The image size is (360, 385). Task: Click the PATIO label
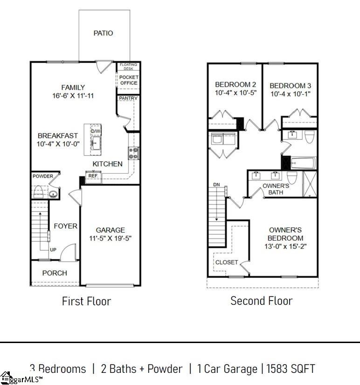pyautogui.click(x=103, y=33)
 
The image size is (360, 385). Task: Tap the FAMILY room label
pyautogui.click(x=73, y=87)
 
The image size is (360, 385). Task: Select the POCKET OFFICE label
pyautogui.click(x=129, y=80)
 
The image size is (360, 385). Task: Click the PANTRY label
pyautogui.click(x=128, y=98)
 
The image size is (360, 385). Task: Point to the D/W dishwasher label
pyautogui.click(x=96, y=131)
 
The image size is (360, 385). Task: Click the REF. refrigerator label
pyautogui.click(x=93, y=176)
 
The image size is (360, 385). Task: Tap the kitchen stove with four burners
pyautogui.click(x=133, y=153)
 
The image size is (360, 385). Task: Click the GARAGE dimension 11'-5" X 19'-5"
pyautogui.click(x=111, y=238)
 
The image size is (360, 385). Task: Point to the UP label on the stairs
pyautogui.click(x=53, y=250)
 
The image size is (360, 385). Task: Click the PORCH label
pyautogui.click(x=55, y=273)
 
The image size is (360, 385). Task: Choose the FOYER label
pyautogui.click(x=66, y=226)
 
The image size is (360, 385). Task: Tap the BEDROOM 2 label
pyautogui.click(x=235, y=84)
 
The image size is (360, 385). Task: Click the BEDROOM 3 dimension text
pyautogui.click(x=290, y=94)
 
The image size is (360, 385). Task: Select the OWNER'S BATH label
pyautogui.click(x=276, y=189)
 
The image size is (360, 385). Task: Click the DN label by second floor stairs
pyautogui.click(x=216, y=185)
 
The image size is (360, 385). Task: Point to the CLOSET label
pyautogui.click(x=227, y=262)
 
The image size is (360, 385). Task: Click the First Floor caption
pyautogui.click(x=86, y=301)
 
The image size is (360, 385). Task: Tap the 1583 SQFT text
pyautogui.click(x=291, y=369)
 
